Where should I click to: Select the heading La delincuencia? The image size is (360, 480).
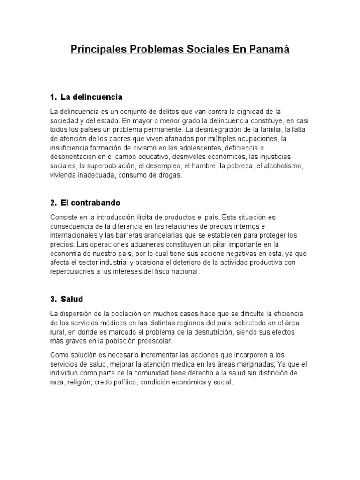[x=91, y=97]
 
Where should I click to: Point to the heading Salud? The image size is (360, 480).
[x=72, y=299]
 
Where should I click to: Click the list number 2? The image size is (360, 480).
[x=52, y=203]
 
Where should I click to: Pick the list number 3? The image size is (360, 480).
[x=52, y=299]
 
